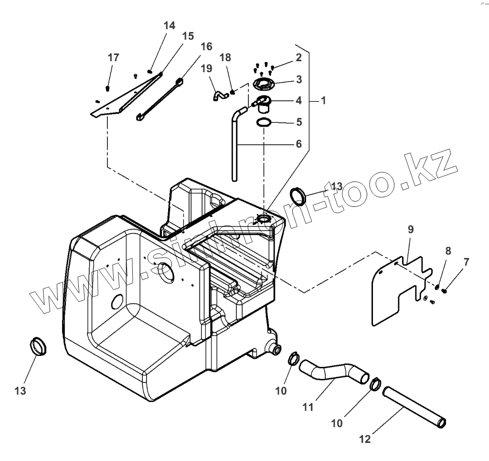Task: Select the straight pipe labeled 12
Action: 415,407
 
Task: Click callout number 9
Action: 410,229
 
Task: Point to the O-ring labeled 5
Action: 264,123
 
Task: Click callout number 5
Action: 299,122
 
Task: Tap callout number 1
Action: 323,101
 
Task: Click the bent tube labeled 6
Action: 234,148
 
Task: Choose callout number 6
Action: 299,144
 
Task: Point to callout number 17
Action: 113,58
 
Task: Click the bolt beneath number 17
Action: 108,88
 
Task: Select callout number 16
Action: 206,46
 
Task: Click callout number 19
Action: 206,69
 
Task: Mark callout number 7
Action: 466,262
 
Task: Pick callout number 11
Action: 308,407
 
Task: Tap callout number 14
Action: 169,26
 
